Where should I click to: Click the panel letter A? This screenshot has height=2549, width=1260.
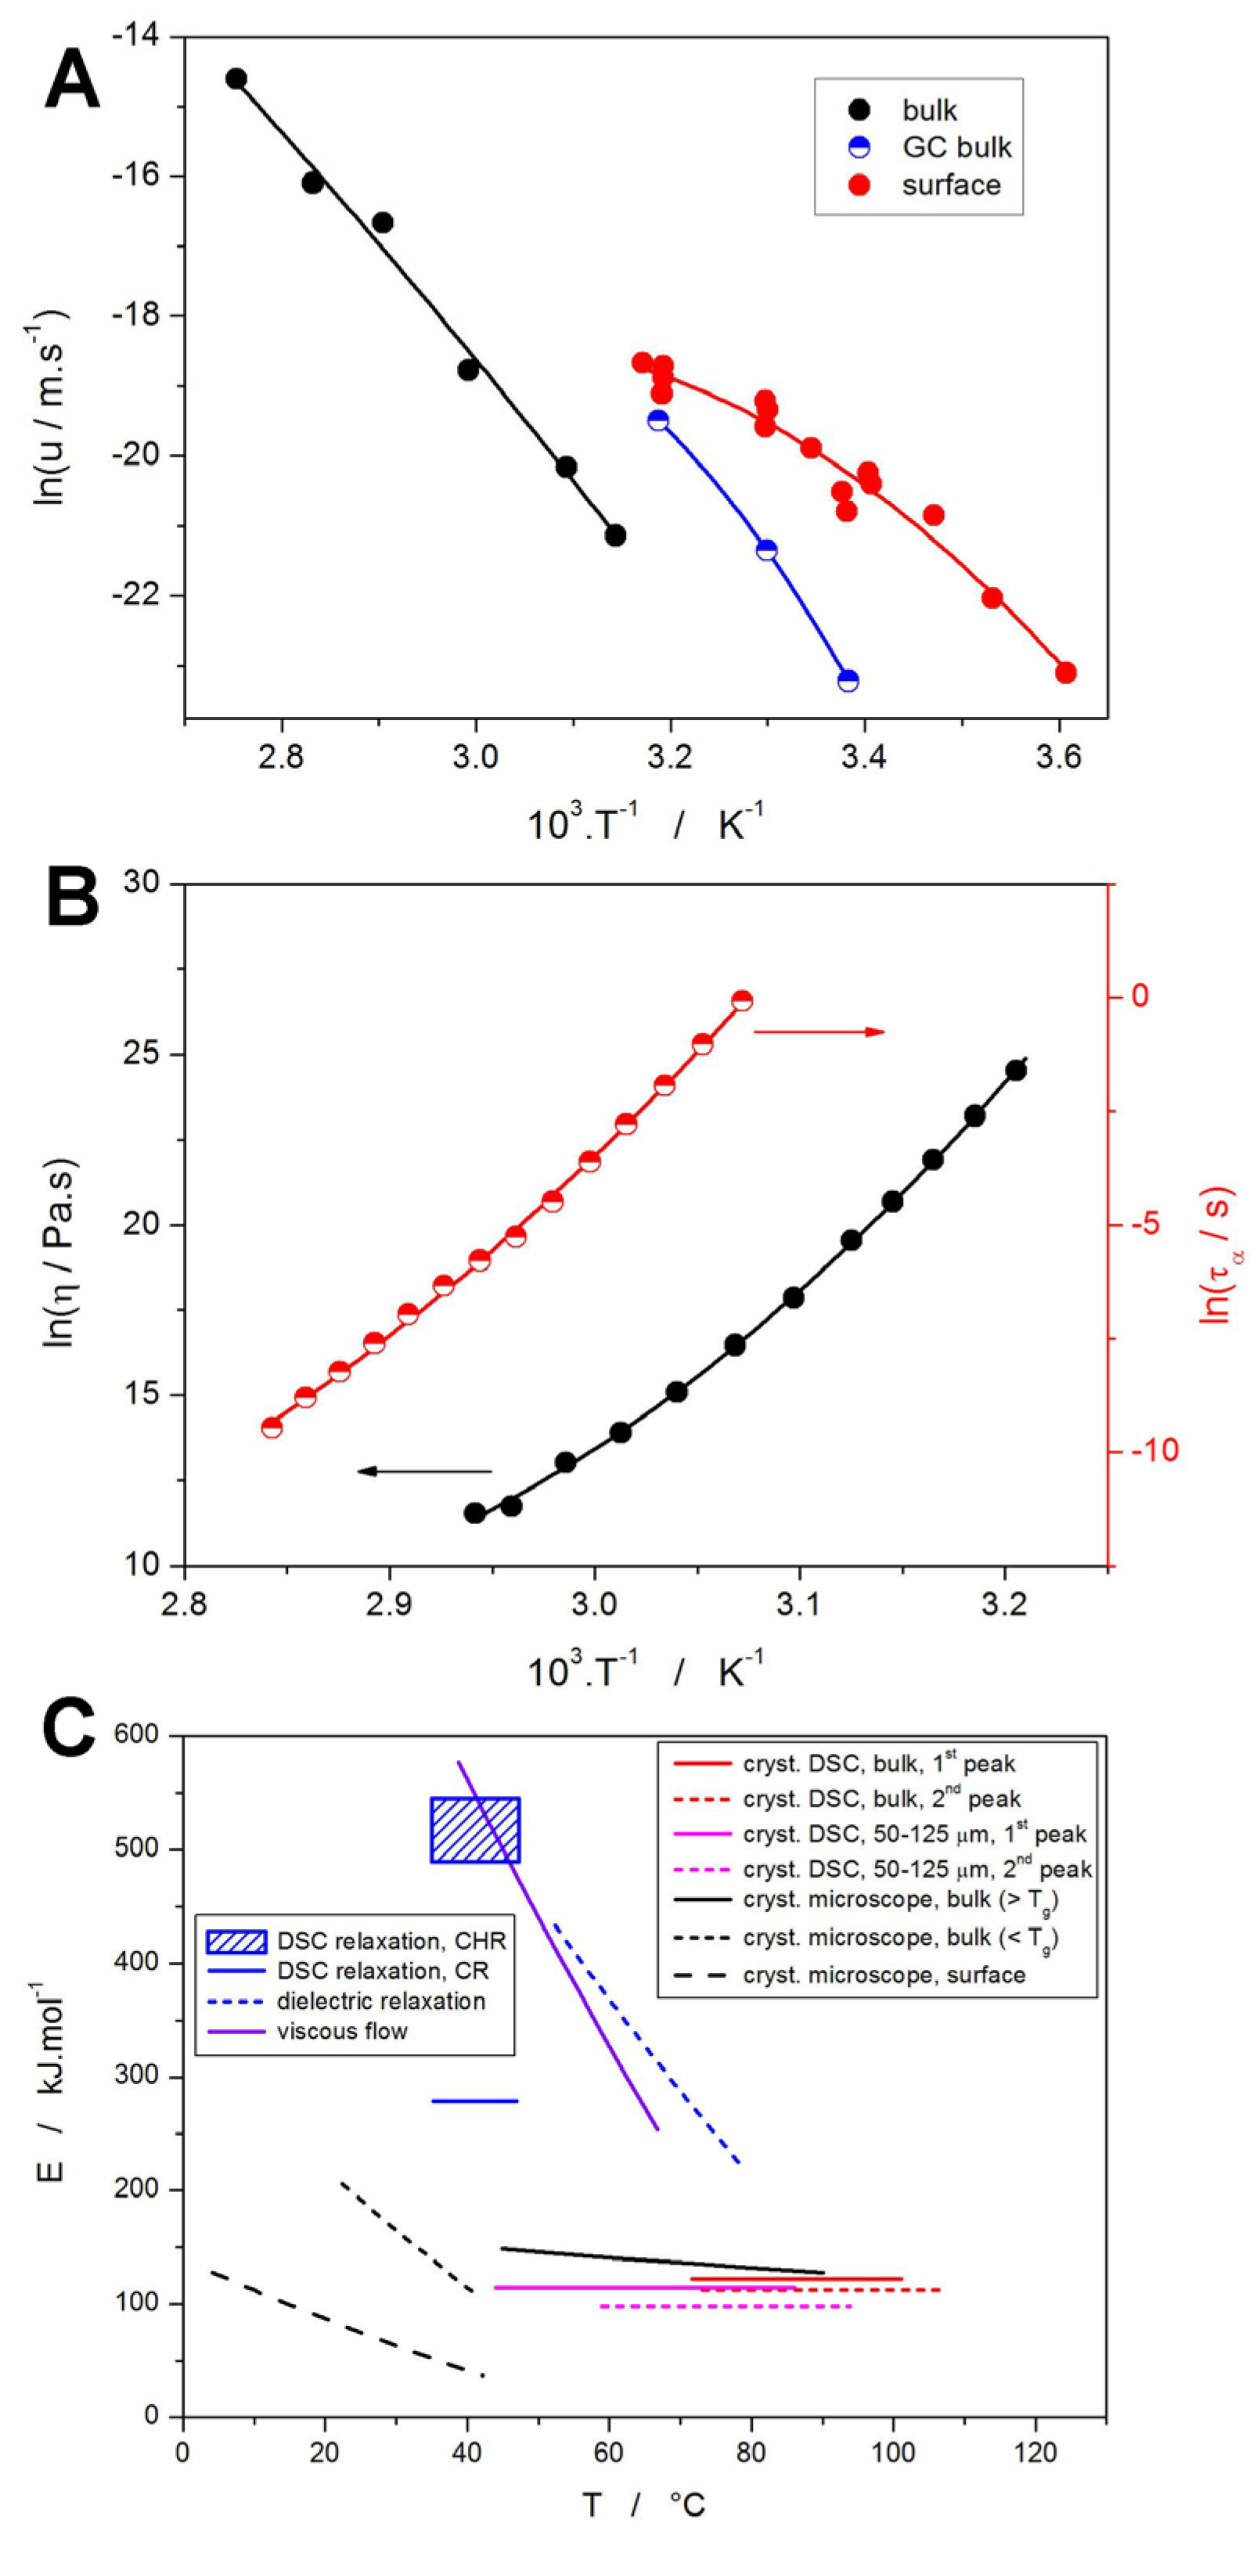(71, 81)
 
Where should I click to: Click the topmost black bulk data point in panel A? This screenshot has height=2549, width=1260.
(236, 79)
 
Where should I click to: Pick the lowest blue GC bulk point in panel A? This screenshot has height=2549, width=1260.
(848, 681)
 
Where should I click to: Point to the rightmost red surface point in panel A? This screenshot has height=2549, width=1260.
(1065, 673)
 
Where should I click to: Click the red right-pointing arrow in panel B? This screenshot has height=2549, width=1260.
(819, 1032)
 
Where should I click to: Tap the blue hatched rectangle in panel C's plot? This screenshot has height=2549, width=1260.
(475, 1830)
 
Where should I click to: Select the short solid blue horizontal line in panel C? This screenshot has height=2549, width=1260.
(475, 2101)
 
